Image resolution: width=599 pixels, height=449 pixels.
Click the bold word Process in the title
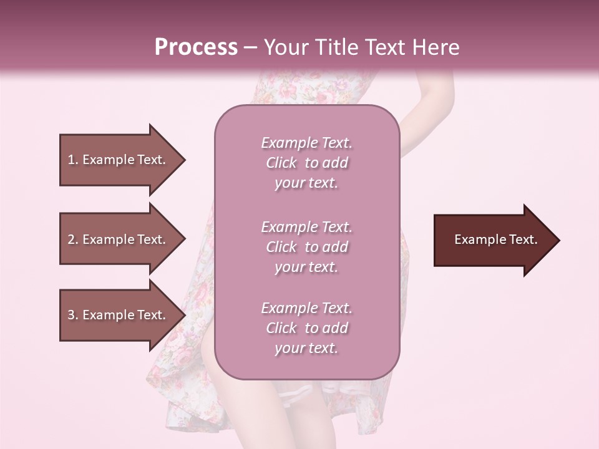196,47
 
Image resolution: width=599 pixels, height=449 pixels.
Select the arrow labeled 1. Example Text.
119,160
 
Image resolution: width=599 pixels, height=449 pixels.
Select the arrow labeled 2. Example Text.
119,239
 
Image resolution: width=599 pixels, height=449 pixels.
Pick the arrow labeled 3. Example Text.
119,315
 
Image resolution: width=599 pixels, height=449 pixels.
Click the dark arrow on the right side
493,240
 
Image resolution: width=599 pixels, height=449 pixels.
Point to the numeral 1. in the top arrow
73,160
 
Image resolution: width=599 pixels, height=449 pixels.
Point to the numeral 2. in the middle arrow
73,239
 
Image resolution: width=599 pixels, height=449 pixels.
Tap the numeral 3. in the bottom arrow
73,315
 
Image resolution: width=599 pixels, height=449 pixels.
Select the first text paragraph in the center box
306,163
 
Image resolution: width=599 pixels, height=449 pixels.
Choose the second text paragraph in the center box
306,247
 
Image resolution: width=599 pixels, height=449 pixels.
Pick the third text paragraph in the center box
306,328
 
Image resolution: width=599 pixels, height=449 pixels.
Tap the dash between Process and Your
251,47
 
